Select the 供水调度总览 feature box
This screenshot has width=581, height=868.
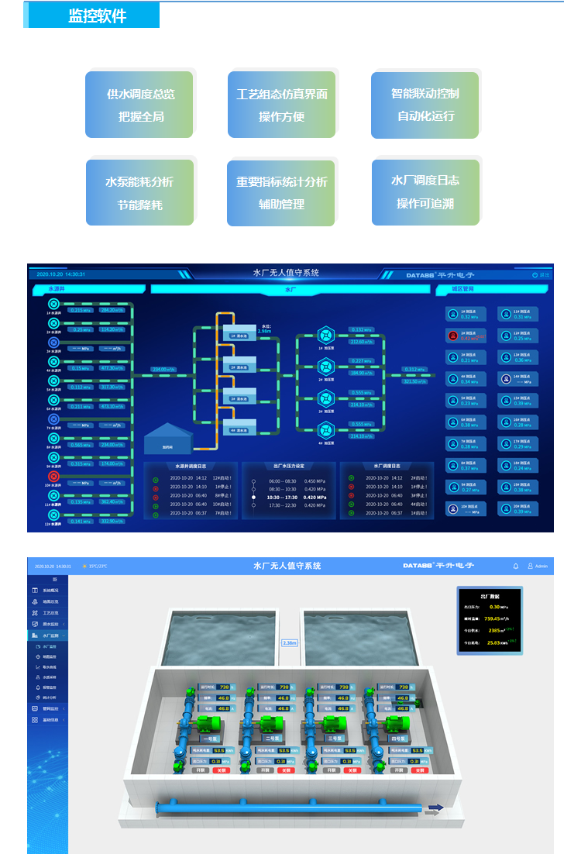tap(140, 105)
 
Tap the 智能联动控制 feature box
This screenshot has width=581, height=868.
tap(425, 104)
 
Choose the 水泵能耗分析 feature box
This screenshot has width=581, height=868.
tap(139, 192)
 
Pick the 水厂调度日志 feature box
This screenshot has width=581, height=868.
tap(425, 191)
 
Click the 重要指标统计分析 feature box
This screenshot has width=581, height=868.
tap(281, 192)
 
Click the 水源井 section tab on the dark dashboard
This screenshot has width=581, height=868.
tap(62, 289)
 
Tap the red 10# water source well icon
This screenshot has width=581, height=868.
tap(54, 477)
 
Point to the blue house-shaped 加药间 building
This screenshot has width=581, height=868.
tap(167, 439)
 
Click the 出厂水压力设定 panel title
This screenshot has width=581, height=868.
tap(289, 466)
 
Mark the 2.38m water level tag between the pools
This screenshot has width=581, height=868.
tap(290, 642)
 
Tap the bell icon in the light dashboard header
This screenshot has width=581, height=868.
tap(516, 566)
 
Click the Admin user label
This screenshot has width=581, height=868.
tap(541, 566)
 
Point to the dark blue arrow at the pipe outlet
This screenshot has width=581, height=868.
tap(436, 808)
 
